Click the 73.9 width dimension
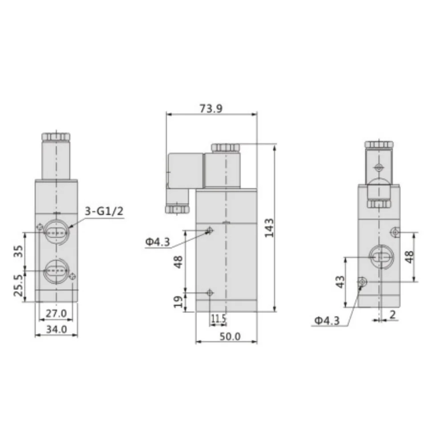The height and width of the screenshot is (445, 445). point(211,109)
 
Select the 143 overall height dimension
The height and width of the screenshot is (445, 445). point(269,227)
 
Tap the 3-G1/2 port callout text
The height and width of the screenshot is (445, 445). point(104,211)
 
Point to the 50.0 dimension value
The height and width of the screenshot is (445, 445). point(230,336)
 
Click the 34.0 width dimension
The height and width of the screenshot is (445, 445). point(57,329)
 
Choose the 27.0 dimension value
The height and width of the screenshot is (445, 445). point(56,314)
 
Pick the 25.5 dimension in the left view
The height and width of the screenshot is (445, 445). point(18,285)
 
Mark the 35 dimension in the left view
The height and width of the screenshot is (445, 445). point(18,251)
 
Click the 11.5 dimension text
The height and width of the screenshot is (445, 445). point(218,319)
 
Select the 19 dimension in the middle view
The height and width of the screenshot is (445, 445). point(178,302)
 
